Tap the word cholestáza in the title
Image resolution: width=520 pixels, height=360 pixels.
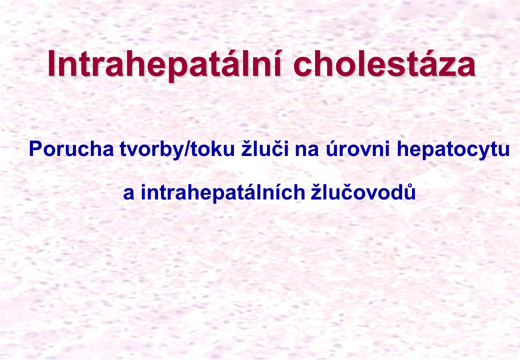pos(384,63)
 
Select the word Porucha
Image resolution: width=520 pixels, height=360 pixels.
pos(71,149)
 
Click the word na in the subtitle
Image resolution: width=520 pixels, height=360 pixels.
pos(307,151)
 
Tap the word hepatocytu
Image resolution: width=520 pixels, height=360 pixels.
pos(453,150)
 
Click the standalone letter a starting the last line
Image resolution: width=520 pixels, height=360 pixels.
pos(128,194)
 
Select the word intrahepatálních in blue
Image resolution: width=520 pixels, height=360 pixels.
pos(223,192)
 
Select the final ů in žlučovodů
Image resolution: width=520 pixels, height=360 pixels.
pos(410,191)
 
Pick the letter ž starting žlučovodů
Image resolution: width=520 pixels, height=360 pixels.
pos(316,191)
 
